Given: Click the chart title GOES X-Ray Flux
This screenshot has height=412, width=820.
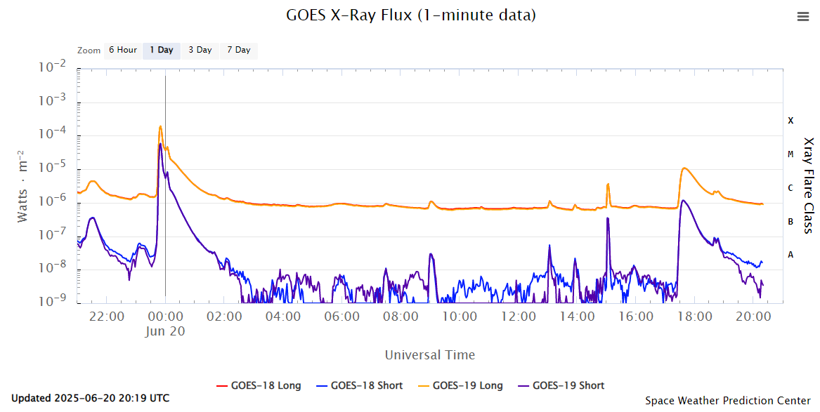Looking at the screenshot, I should (411, 15).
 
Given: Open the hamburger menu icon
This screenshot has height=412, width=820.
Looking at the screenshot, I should (803, 18).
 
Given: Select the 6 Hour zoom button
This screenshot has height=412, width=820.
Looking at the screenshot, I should (122, 51).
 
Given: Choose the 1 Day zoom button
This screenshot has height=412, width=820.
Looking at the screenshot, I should (162, 51).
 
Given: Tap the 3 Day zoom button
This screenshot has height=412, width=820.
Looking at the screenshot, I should (200, 51).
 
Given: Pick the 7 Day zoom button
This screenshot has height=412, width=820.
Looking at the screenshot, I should (238, 51).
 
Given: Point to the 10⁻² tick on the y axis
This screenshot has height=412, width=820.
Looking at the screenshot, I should (53, 68).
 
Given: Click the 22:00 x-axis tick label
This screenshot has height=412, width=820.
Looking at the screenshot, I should (107, 317).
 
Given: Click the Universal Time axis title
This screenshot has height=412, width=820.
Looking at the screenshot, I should (429, 355).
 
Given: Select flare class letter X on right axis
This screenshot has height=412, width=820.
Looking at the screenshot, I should (790, 121).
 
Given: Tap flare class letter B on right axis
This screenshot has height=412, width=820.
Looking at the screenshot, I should (790, 221).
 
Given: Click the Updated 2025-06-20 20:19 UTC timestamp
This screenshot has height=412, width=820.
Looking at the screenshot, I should (91, 399).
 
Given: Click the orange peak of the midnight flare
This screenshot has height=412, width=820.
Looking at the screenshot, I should (160, 126).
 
